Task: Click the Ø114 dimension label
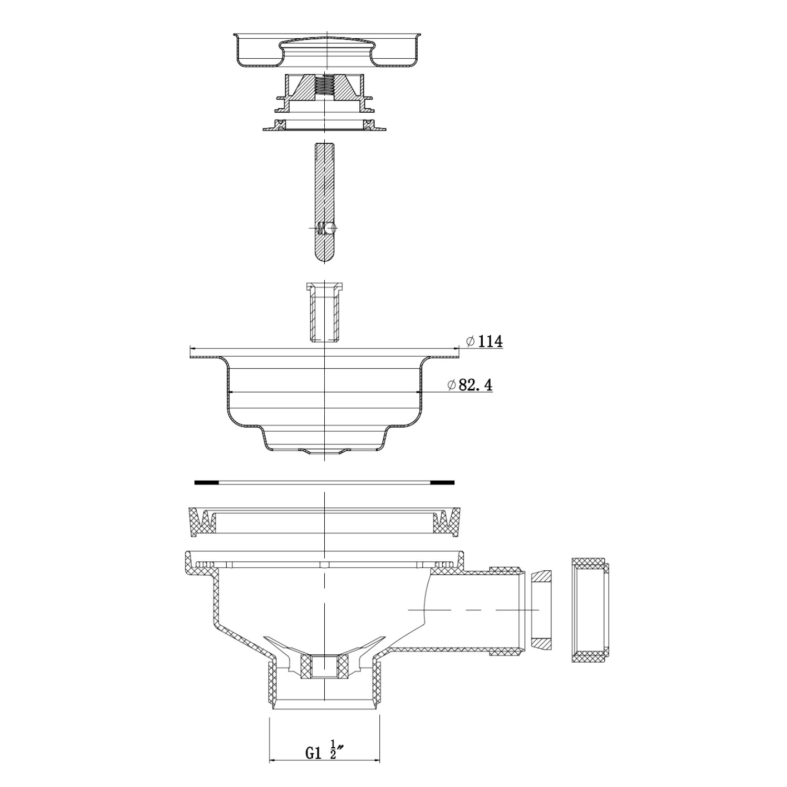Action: (x=484, y=342)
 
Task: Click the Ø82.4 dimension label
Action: (x=470, y=385)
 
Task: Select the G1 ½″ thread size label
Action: (x=322, y=753)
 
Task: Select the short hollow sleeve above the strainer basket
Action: (x=325, y=313)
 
